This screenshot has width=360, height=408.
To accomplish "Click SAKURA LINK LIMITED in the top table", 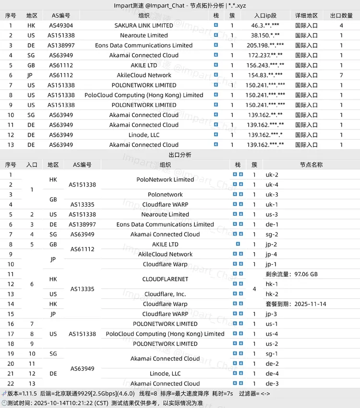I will (x=144, y=25).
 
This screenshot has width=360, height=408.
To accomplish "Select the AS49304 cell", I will (x=60, y=25).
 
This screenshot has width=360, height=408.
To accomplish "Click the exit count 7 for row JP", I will (x=341, y=75).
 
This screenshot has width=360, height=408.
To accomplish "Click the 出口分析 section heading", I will (x=180, y=155).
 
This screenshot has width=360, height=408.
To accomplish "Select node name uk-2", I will (x=272, y=175).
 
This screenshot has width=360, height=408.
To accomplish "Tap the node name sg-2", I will (x=272, y=234).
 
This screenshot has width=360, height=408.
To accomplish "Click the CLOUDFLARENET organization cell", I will (x=165, y=279).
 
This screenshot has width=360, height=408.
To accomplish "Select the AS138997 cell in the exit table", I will (x=82, y=224).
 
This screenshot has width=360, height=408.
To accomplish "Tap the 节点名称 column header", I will (x=311, y=164).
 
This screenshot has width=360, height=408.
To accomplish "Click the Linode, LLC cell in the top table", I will (x=144, y=135).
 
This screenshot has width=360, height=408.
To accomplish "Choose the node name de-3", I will (x=272, y=384).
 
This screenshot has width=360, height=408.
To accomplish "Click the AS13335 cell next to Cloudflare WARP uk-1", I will (x=82, y=205).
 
